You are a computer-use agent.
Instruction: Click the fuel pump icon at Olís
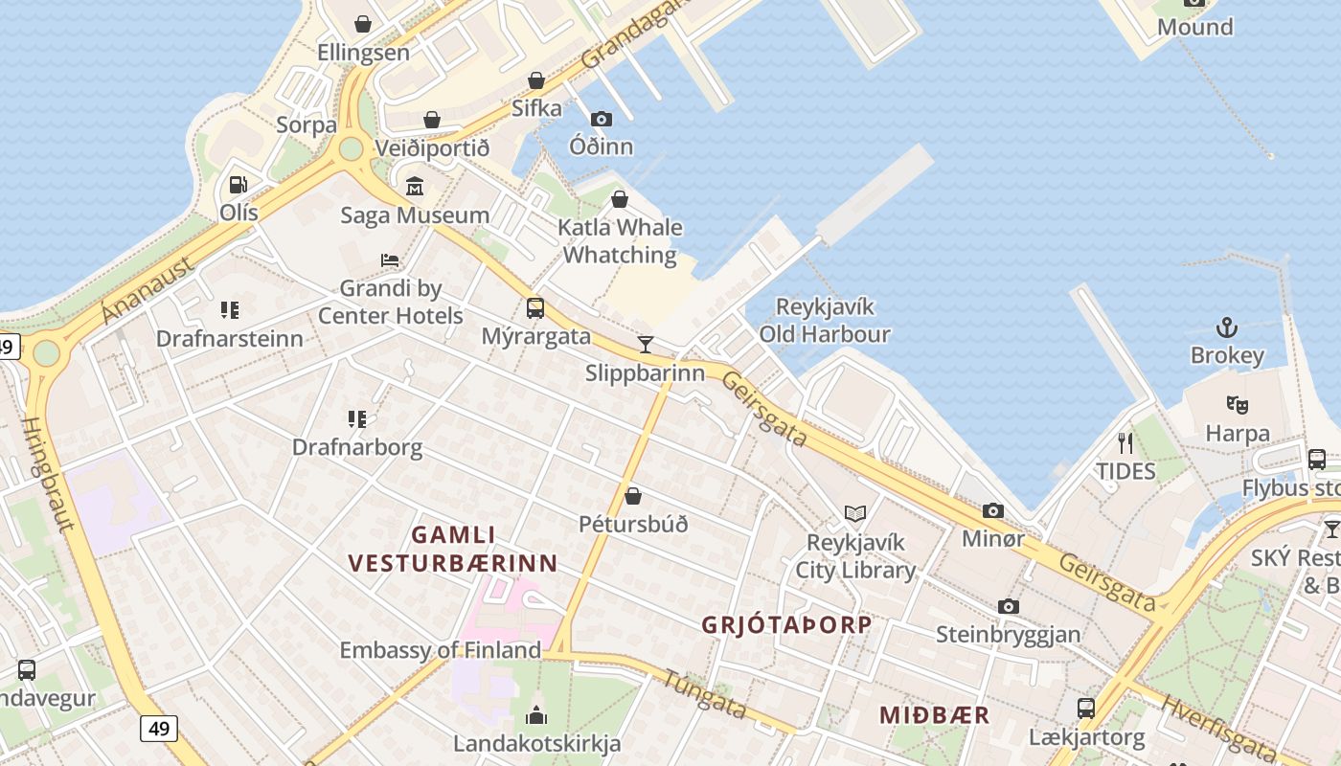[x=238, y=185]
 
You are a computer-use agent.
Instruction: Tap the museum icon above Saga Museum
[x=415, y=187]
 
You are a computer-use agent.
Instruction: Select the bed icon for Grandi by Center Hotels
[x=390, y=260]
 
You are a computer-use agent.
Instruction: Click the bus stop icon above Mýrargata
[x=535, y=308]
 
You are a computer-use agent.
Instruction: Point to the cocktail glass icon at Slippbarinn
[x=646, y=345]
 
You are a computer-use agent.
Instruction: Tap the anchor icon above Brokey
[x=1227, y=328]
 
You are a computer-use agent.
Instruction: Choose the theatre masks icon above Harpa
[x=1238, y=405]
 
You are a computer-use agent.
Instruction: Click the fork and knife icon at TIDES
[x=1125, y=442]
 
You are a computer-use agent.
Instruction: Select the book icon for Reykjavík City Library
[x=855, y=514]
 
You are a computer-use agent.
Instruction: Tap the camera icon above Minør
[x=993, y=510]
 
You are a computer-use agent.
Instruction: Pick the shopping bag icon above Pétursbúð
[x=633, y=496]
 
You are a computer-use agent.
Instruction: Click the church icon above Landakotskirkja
[x=536, y=715]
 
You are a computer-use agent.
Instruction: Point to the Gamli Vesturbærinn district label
[x=453, y=549]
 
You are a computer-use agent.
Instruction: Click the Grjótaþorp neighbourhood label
[x=786, y=625]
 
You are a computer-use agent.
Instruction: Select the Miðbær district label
[x=934, y=715]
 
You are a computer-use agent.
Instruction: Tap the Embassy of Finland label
[x=440, y=650]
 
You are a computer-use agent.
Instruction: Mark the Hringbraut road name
[x=48, y=474]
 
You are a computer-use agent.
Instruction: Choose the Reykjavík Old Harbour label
[x=825, y=321]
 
